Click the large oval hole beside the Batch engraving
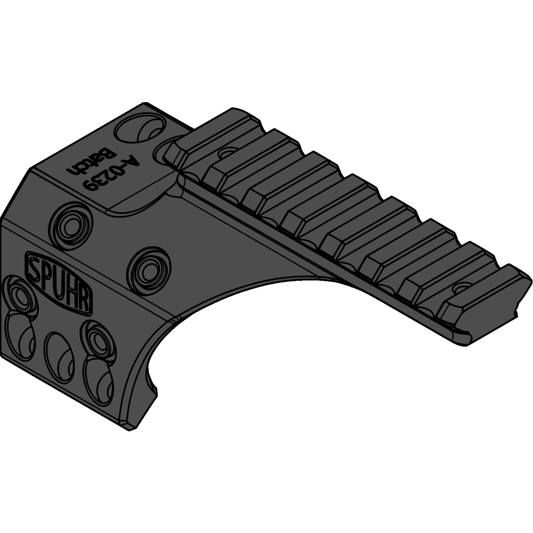click(x=138, y=130)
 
